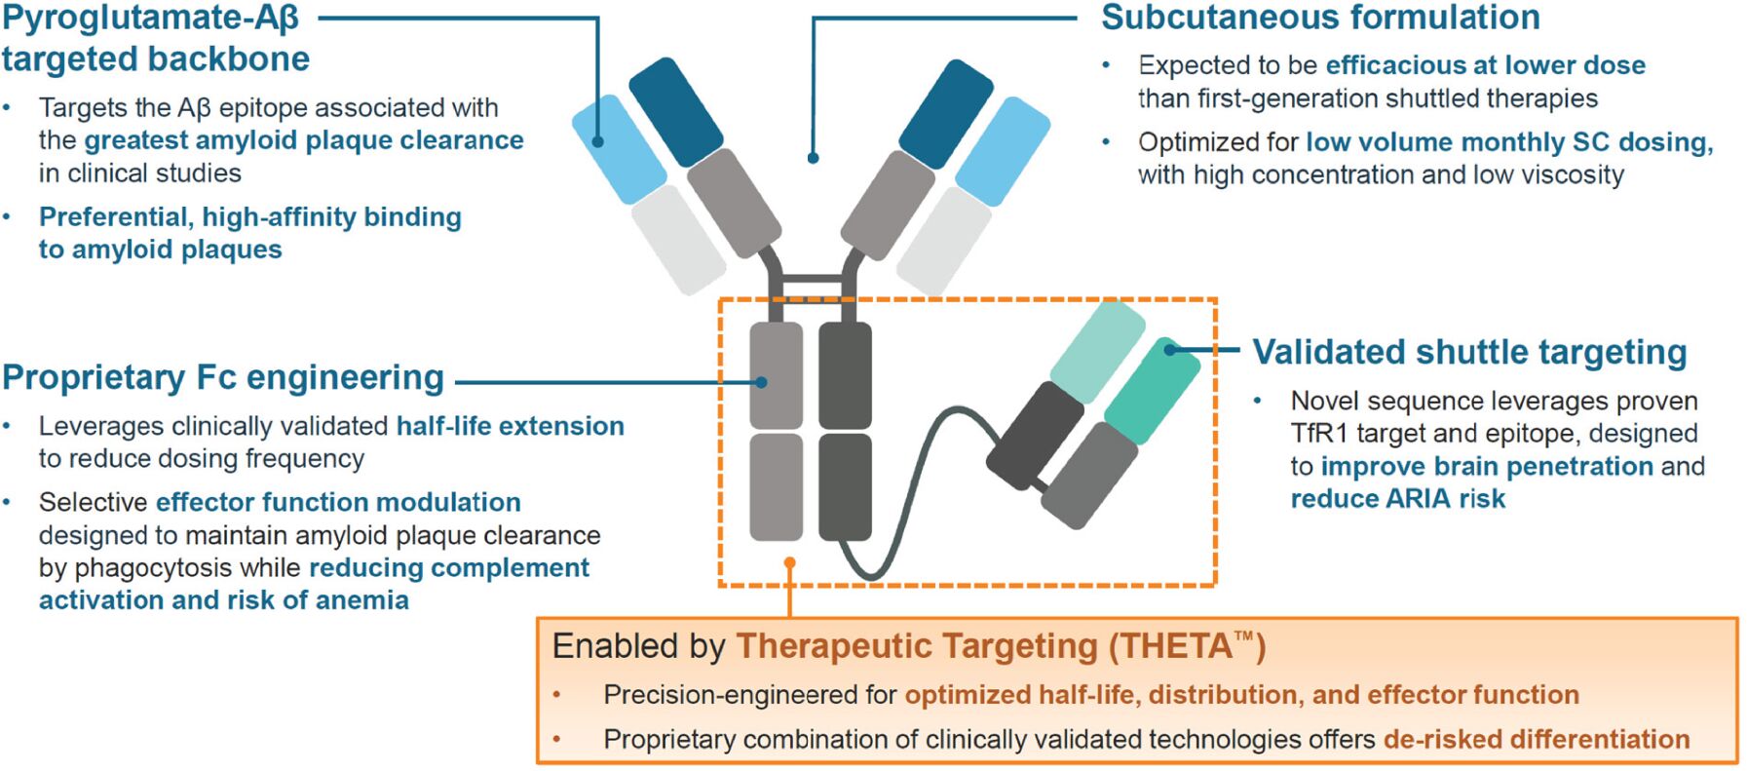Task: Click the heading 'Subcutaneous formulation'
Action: tap(1320, 18)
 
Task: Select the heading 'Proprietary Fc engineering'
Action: tap(223, 377)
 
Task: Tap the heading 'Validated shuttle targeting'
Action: tap(1469, 352)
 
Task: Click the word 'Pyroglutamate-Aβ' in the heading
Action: tap(150, 18)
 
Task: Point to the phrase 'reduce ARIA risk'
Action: tap(1398, 499)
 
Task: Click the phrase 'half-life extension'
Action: tap(511, 426)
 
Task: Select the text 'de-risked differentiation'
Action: tap(1537, 739)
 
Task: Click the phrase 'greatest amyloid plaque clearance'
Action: tap(304, 140)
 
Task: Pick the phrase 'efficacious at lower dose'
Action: tap(1486, 65)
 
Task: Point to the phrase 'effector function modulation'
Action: tap(338, 502)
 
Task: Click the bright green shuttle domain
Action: tap(1152, 391)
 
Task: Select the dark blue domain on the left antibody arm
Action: tap(675, 112)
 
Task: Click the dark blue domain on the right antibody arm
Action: tap(945, 114)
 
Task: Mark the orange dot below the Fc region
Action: tap(789, 563)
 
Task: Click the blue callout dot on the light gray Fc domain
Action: tap(762, 382)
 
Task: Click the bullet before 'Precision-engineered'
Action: tap(557, 695)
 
